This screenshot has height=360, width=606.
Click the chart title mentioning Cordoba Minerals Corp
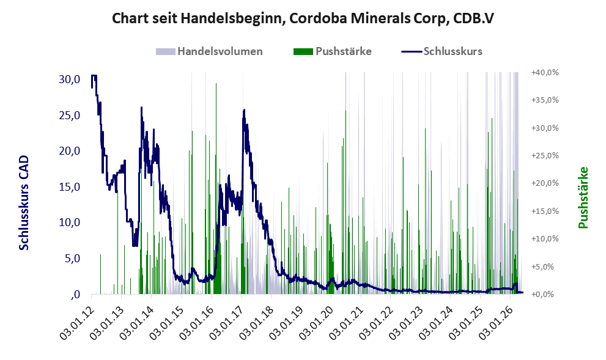[303, 18]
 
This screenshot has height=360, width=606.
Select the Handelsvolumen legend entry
[209, 51]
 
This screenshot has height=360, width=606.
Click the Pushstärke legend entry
[333, 51]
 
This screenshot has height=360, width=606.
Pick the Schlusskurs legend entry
[442, 51]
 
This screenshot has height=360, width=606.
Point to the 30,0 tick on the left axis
[70, 79]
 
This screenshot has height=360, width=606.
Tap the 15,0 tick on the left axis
[70, 187]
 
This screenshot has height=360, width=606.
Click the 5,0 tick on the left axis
[72, 259]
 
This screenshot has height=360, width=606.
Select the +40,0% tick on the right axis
[545, 72]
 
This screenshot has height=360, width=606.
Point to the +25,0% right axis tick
[545, 156]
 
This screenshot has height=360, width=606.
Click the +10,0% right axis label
[545, 239]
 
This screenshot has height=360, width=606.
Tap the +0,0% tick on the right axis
[545, 295]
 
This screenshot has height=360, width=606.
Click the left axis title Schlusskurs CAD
[24, 203]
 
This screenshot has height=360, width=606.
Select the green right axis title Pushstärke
[583, 197]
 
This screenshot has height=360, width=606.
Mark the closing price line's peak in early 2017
[244, 110]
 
